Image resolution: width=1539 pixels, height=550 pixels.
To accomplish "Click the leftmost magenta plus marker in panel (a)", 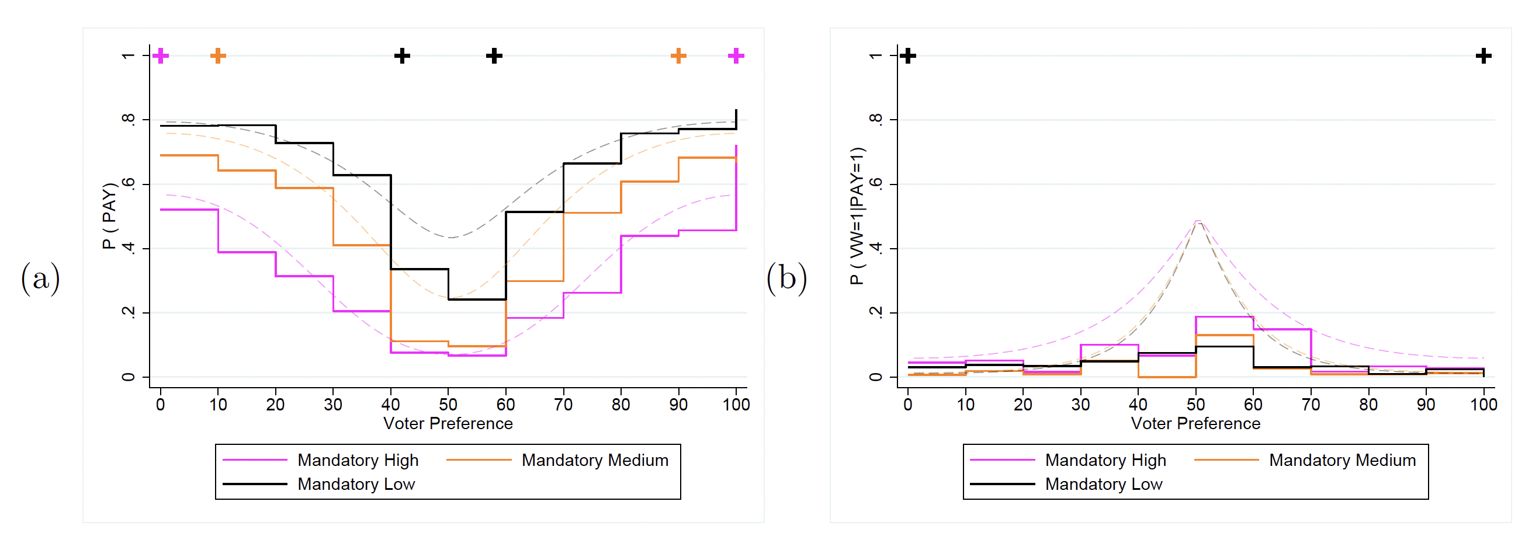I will (x=160, y=56).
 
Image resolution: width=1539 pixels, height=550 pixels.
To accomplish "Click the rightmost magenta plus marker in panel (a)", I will (x=736, y=56).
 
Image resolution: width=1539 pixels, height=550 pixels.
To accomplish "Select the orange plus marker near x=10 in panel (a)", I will (x=218, y=56).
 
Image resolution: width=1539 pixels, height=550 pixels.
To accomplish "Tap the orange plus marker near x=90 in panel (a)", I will (x=678, y=56).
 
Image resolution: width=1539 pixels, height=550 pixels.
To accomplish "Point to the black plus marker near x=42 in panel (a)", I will (x=402, y=56).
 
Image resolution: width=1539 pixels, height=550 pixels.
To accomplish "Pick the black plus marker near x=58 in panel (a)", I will (x=494, y=56).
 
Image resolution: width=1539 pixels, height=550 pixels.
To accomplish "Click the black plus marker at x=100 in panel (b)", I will (x=1483, y=56).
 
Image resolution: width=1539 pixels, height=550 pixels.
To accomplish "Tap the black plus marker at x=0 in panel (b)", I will (x=908, y=56).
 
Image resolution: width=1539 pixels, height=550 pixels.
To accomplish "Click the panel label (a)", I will (x=41, y=279).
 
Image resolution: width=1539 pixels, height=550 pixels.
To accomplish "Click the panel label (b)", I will (x=787, y=279).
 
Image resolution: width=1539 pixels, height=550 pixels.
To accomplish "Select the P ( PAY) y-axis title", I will (x=109, y=215).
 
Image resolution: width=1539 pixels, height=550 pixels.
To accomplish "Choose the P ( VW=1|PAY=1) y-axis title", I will (x=856, y=215).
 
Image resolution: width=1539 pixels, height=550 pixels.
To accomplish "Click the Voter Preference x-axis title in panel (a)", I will (x=448, y=423).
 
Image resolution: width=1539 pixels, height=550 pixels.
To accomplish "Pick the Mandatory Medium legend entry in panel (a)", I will (x=594, y=460).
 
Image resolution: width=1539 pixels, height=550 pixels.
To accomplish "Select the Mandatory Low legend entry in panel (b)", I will (x=1103, y=483).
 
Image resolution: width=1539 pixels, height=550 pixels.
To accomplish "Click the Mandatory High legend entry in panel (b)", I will (x=1105, y=460).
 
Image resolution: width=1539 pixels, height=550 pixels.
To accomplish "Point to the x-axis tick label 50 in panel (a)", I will (x=448, y=404).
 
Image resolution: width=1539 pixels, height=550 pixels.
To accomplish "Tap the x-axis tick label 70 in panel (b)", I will (x=1311, y=404).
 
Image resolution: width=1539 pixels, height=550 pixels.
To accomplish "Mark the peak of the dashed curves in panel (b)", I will (x=1198, y=221).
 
